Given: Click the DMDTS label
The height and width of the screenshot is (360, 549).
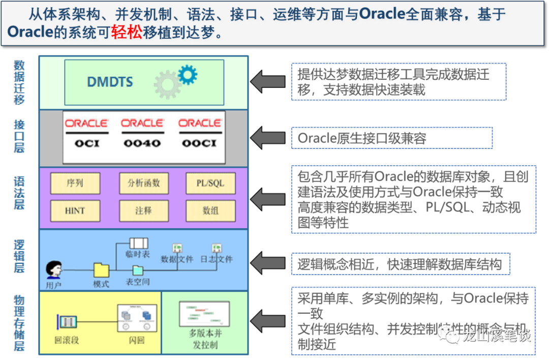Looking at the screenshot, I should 110,81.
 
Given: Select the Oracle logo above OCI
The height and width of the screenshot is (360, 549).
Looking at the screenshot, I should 86,124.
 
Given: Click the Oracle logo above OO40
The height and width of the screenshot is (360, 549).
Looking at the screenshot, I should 142,124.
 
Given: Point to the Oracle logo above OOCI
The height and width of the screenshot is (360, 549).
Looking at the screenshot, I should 200,124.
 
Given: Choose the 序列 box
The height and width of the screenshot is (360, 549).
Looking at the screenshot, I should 75,183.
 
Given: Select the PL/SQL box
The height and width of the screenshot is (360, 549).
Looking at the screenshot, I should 210,183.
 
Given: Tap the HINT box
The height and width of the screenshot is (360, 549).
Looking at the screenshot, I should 75,210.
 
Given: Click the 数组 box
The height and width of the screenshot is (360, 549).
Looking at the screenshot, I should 210,210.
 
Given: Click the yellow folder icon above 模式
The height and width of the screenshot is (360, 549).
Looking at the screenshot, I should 101,269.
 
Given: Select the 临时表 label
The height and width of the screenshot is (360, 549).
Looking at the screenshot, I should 138,254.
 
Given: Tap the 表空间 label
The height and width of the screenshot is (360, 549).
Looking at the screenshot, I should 138,281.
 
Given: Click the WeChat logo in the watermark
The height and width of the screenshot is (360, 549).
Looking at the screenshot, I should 449,335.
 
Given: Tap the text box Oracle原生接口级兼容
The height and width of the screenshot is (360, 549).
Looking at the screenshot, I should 391,138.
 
